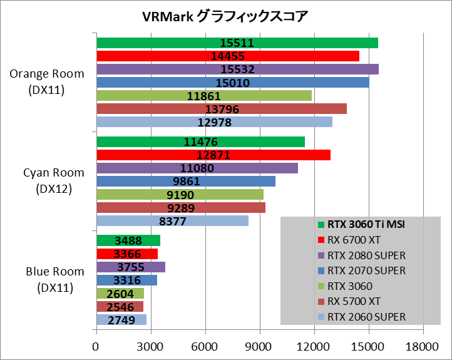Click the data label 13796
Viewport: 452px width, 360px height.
click(222, 109)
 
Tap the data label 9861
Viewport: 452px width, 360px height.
click(186, 181)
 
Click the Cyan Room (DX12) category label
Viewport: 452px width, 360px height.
click(47, 180)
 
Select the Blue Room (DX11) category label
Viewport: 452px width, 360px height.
click(47, 279)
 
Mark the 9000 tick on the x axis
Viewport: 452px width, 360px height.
click(259, 347)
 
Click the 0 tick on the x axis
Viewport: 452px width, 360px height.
click(96, 347)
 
